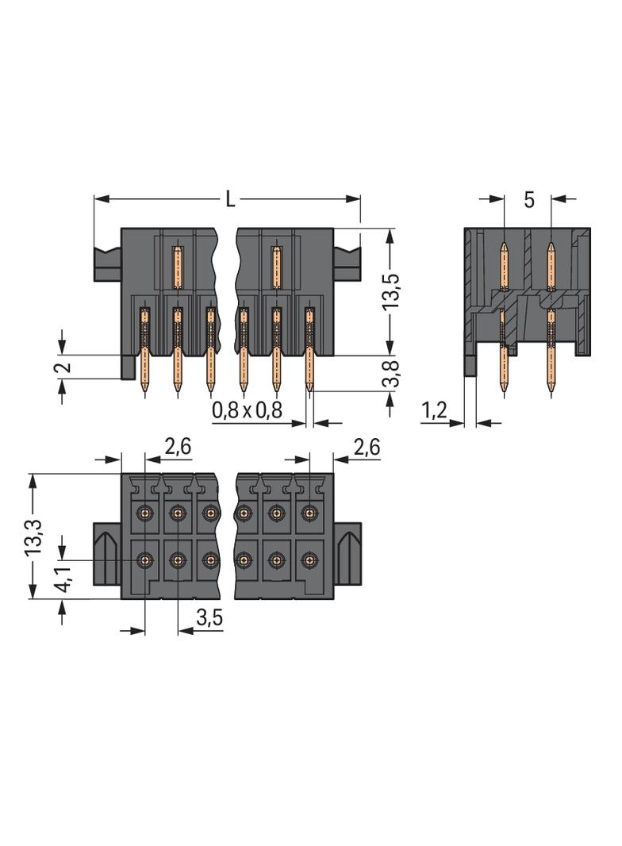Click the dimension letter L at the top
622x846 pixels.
(x=230, y=199)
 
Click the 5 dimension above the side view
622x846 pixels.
(x=529, y=199)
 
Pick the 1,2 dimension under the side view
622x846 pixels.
(x=434, y=410)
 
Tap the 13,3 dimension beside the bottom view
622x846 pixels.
(x=33, y=536)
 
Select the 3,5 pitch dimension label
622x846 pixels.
(x=208, y=619)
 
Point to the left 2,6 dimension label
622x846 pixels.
(x=177, y=448)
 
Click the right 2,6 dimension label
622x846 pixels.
(x=366, y=448)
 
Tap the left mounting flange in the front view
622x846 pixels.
(x=107, y=263)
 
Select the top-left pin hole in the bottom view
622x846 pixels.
(x=144, y=513)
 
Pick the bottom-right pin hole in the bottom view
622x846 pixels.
(x=309, y=560)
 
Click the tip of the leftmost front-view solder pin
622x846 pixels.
(x=144, y=390)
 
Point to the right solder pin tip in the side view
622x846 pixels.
(x=551, y=390)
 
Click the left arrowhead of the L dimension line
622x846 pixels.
(x=98, y=199)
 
